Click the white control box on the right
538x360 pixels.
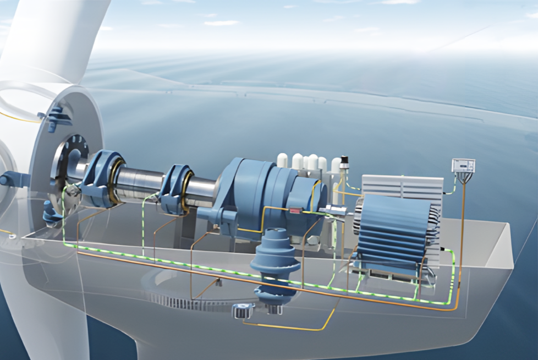(x=463, y=166)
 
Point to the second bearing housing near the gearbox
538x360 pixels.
(x=175, y=187)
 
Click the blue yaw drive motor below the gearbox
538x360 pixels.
(x=275, y=264)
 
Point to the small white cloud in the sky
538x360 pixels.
(x=221, y=23)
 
